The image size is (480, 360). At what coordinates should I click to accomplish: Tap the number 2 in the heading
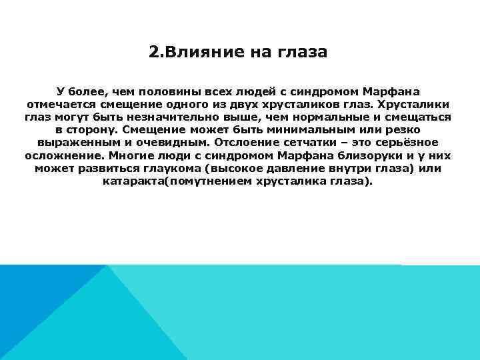[x=153, y=51]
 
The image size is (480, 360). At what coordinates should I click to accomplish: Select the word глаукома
[x=171, y=168]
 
